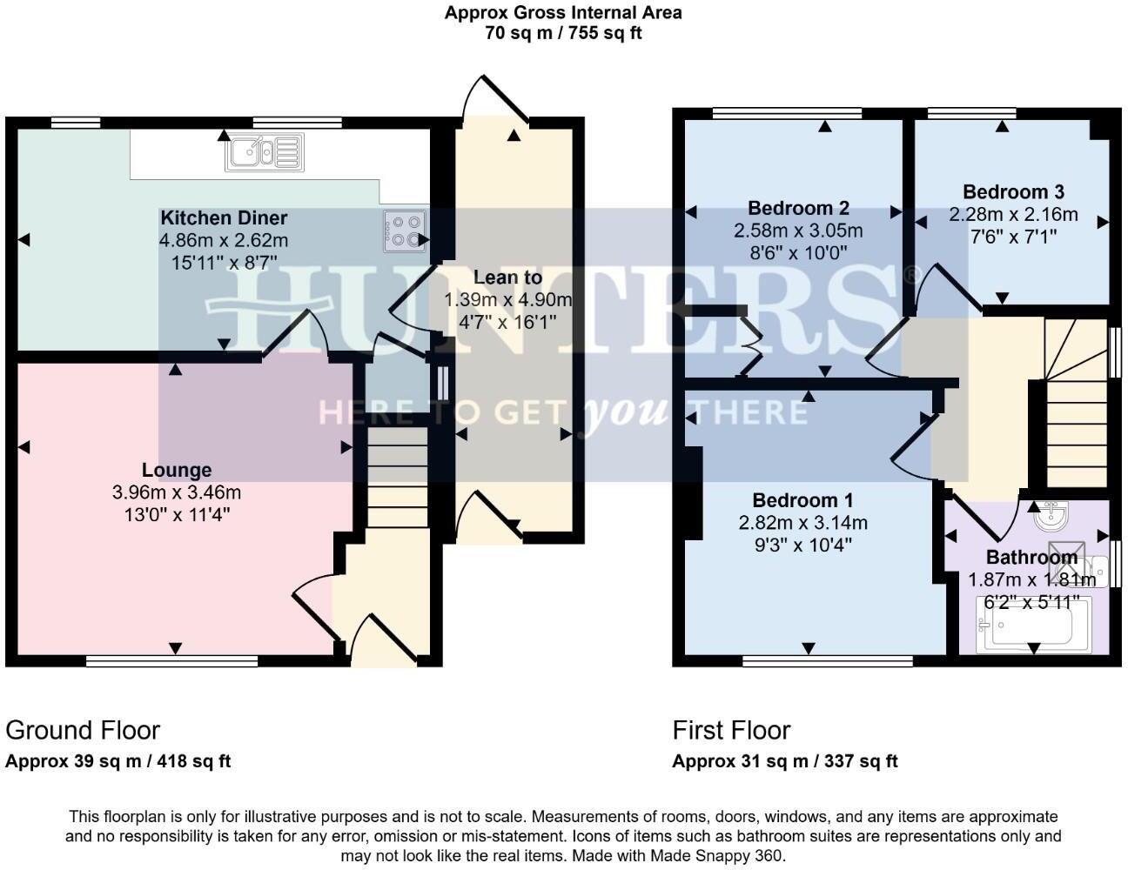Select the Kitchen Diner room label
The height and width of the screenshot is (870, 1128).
[224, 218]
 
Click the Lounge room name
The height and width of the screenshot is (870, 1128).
[177, 471]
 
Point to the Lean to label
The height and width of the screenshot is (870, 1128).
[507, 278]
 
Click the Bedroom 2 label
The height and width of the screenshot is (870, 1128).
[798, 208]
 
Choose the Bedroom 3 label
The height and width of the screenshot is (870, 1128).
[1013, 192]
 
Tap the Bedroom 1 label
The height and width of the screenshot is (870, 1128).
[802, 500]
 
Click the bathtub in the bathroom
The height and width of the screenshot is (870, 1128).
[1027, 630]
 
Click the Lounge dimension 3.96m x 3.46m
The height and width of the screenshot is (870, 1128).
[177, 492]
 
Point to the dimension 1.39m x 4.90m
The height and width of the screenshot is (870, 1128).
[508, 300]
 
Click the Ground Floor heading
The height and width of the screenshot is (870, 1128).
[83, 729]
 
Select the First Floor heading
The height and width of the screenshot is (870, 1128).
[731, 729]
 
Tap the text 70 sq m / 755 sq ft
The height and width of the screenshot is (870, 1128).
[563, 34]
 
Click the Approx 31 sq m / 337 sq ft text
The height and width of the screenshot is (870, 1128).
[784, 761]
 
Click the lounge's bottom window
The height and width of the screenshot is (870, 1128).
[172, 661]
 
